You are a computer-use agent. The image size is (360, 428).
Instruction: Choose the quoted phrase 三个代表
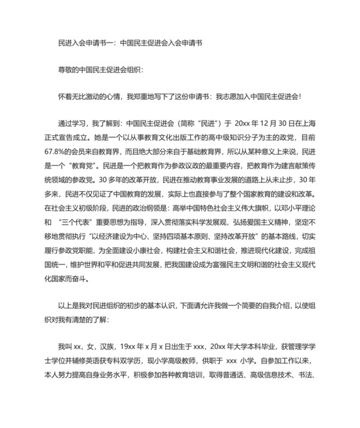point(76,223)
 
